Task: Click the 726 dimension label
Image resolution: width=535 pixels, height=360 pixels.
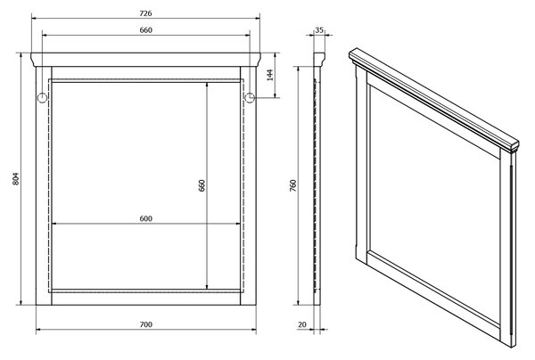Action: pyautogui.click(x=145, y=13)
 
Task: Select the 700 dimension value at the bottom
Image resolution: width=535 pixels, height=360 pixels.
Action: pyautogui.click(x=145, y=324)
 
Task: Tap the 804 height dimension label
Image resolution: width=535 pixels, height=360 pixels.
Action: pyautogui.click(x=16, y=178)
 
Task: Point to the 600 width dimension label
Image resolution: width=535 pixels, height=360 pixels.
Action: pyautogui.click(x=145, y=218)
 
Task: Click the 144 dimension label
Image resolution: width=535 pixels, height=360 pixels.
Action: pyautogui.click(x=270, y=75)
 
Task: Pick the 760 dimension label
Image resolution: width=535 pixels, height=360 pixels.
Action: pyautogui.click(x=293, y=185)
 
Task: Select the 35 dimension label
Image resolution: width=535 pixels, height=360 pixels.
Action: pyautogui.click(x=319, y=30)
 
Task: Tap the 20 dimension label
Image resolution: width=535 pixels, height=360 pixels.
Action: pyautogui.click(x=302, y=324)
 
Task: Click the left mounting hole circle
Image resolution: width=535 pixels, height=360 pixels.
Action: pyautogui.click(x=42, y=98)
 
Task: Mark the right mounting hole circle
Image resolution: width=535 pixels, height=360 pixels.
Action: pyautogui.click(x=250, y=98)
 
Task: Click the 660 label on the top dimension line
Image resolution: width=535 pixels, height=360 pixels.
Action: pyautogui.click(x=145, y=30)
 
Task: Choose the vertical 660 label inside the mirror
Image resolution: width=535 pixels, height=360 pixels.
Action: pyautogui.click(x=202, y=185)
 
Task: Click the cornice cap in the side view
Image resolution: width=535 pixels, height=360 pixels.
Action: pyautogui.click(x=319, y=60)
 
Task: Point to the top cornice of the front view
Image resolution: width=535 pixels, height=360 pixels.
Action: pyautogui.click(x=145, y=60)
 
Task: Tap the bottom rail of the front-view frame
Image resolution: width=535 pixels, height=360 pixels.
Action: pyautogui.click(x=146, y=299)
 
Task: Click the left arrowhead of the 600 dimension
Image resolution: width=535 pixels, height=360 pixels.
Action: pyautogui.click(x=53, y=224)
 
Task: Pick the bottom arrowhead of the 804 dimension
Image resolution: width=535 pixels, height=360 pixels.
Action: pyautogui.click(x=21, y=302)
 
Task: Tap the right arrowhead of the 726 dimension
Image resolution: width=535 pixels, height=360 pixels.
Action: pyautogui.click(x=258, y=19)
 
